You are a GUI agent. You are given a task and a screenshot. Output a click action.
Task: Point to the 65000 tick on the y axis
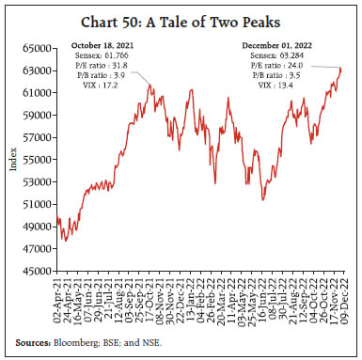coord(39,46)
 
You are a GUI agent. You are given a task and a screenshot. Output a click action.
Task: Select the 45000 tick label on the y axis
coord(39,271)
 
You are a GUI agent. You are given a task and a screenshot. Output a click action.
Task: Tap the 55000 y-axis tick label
coord(39,159)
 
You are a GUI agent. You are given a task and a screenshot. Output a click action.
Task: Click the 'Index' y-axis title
coord(12,158)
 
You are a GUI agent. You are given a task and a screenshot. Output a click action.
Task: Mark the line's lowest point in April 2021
coord(65,241)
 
